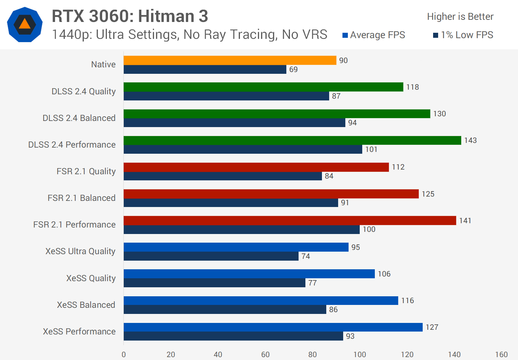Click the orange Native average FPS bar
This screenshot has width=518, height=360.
click(x=230, y=60)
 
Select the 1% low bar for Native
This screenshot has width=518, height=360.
click(x=205, y=69)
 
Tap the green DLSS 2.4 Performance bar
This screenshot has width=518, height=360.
click(x=292, y=140)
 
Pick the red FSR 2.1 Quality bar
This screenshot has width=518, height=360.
click(x=256, y=167)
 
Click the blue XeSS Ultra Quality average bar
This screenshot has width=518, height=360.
click(x=236, y=247)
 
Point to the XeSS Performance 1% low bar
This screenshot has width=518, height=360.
click(x=233, y=336)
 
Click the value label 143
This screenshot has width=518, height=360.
click(x=470, y=140)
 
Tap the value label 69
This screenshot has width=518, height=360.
click(x=294, y=69)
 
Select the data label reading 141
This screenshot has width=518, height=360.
click(x=465, y=221)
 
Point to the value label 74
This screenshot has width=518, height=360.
click(x=306, y=256)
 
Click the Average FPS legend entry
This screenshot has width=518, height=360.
click(x=374, y=35)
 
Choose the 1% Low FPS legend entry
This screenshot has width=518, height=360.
click(x=463, y=35)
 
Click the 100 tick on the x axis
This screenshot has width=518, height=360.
click(x=360, y=355)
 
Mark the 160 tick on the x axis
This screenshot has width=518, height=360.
click(x=501, y=355)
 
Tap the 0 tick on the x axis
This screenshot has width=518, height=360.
click(x=124, y=355)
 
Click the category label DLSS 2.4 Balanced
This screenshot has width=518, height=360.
click(x=79, y=118)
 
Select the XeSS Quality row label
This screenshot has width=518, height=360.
click(x=91, y=278)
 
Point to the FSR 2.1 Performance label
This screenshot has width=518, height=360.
click(x=74, y=225)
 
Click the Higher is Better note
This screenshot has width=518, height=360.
click(x=460, y=17)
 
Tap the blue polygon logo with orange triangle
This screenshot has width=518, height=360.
click(x=25, y=24)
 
